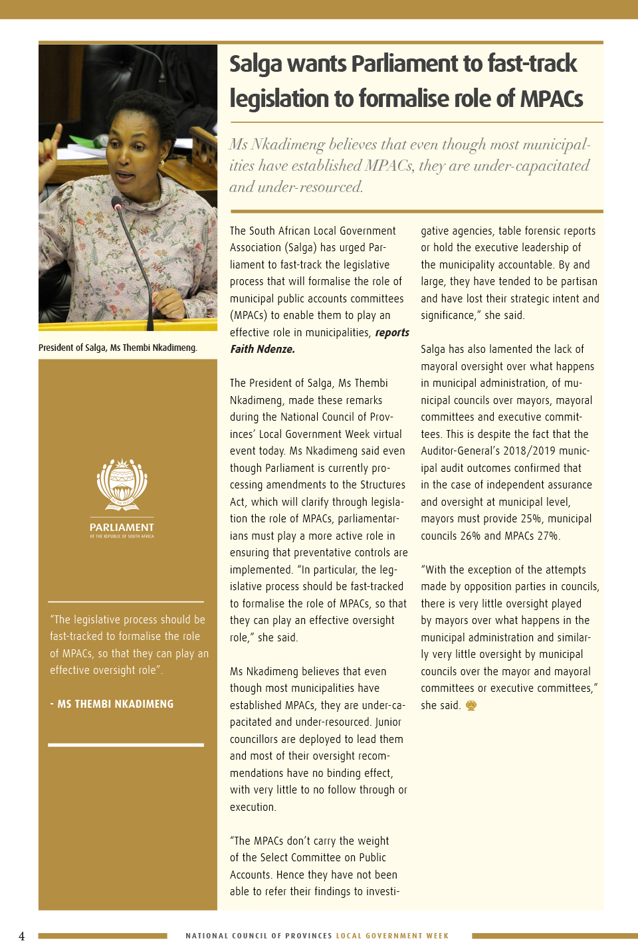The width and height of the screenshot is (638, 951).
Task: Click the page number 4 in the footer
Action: click(22, 936)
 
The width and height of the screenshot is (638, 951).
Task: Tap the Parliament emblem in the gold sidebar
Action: click(122, 484)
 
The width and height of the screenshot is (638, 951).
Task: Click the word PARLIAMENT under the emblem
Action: click(122, 527)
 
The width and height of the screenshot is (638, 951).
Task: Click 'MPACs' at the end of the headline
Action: click(551, 99)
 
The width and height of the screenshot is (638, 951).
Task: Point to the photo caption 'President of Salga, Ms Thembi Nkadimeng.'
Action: click(118, 348)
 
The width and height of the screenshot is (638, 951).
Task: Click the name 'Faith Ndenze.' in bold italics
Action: click(263, 349)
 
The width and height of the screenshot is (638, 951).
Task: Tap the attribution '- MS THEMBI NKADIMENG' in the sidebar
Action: click(112, 704)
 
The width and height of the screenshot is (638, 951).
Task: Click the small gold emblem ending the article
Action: click(471, 706)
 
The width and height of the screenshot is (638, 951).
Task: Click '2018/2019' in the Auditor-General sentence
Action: click(531, 451)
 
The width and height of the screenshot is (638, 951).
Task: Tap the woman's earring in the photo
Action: click(161, 163)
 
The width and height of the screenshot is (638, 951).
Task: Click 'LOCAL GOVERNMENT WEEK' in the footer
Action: click(392, 936)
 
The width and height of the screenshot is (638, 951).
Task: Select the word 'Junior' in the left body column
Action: click(388, 722)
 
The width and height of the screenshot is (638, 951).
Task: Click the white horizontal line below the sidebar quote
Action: click(126, 745)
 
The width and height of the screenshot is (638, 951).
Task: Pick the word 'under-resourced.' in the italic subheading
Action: click(310, 187)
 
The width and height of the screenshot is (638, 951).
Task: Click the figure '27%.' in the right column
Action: click(548, 536)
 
